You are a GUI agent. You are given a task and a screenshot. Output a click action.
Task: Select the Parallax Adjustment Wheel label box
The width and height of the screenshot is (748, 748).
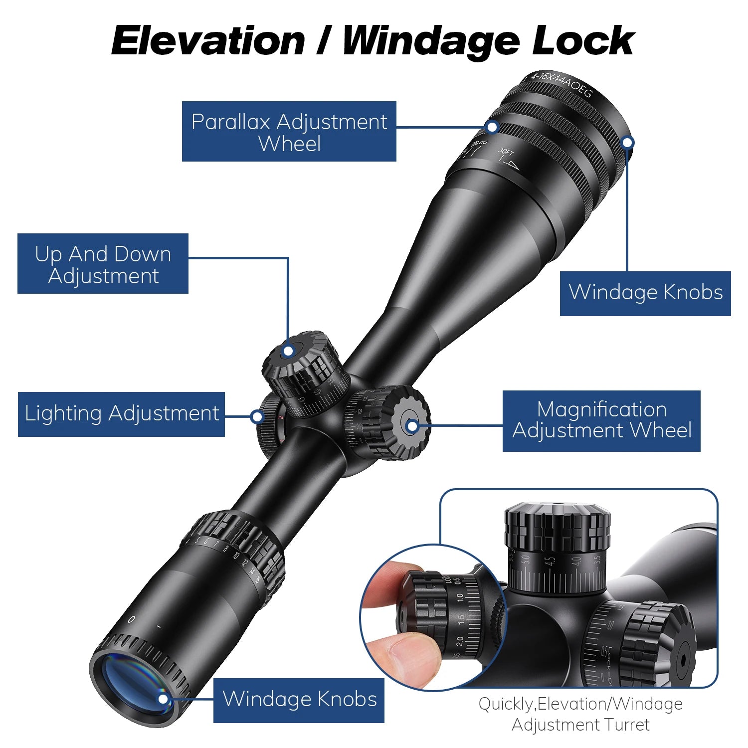pyautogui.click(x=289, y=132)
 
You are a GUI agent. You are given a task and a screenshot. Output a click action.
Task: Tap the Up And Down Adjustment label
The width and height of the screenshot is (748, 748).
pyautogui.click(x=103, y=264)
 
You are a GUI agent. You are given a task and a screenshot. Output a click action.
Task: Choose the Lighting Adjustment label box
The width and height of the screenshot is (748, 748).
pyautogui.click(x=121, y=414)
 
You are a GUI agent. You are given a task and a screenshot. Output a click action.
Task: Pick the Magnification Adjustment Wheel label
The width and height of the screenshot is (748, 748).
pyautogui.click(x=601, y=421)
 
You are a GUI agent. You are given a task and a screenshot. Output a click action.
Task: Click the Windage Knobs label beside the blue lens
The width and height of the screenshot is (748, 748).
pyautogui.click(x=299, y=700)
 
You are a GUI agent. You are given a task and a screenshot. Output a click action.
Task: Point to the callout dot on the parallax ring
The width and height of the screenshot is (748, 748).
pyautogui.click(x=492, y=127)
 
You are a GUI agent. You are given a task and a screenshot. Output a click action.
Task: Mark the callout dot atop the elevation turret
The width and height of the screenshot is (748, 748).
pyautogui.click(x=288, y=351)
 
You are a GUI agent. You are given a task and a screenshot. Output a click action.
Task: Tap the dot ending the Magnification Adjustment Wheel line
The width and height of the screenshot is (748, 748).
pyautogui.click(x=412, y=426)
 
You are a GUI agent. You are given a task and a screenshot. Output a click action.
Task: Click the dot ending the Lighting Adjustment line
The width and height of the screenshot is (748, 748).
pyautogui.click(x=257, y=416)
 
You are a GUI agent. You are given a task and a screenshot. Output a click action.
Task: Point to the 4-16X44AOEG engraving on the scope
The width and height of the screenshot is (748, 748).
pyautogui.click(x=561, y=84)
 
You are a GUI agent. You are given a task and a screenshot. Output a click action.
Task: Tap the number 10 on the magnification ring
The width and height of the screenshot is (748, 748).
pyautogui.click(x=236, y=555)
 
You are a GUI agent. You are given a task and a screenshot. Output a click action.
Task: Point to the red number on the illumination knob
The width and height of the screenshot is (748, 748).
pyautogui.click(x=281, y=417)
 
